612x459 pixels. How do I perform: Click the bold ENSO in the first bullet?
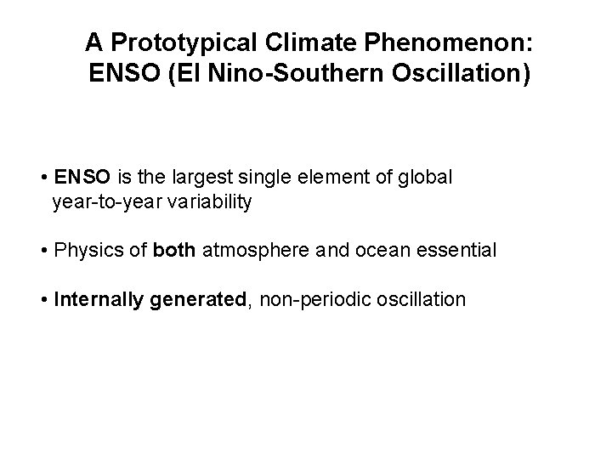81,178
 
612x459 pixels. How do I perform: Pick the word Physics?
82,252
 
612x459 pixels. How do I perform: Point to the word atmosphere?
254,252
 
